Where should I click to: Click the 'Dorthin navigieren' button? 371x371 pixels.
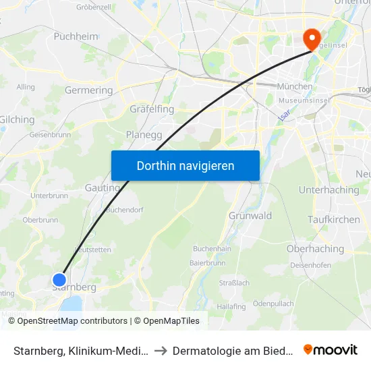185,165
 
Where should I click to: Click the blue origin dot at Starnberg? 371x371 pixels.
59,279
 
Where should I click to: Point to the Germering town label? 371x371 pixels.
88,90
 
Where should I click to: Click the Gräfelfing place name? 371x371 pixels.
152,109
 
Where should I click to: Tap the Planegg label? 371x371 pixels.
143,134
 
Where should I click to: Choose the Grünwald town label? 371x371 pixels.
250,216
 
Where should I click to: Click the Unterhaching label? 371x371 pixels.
329,190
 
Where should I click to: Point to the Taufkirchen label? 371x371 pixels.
333,220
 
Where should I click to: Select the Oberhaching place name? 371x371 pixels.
315,249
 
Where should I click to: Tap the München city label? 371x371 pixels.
295,86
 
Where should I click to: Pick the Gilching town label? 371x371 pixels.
17,119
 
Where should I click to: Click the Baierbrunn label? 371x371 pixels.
206,262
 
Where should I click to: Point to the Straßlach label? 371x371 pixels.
234,283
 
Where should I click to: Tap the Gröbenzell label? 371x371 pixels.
94,7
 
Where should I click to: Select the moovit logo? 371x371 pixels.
331,350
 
